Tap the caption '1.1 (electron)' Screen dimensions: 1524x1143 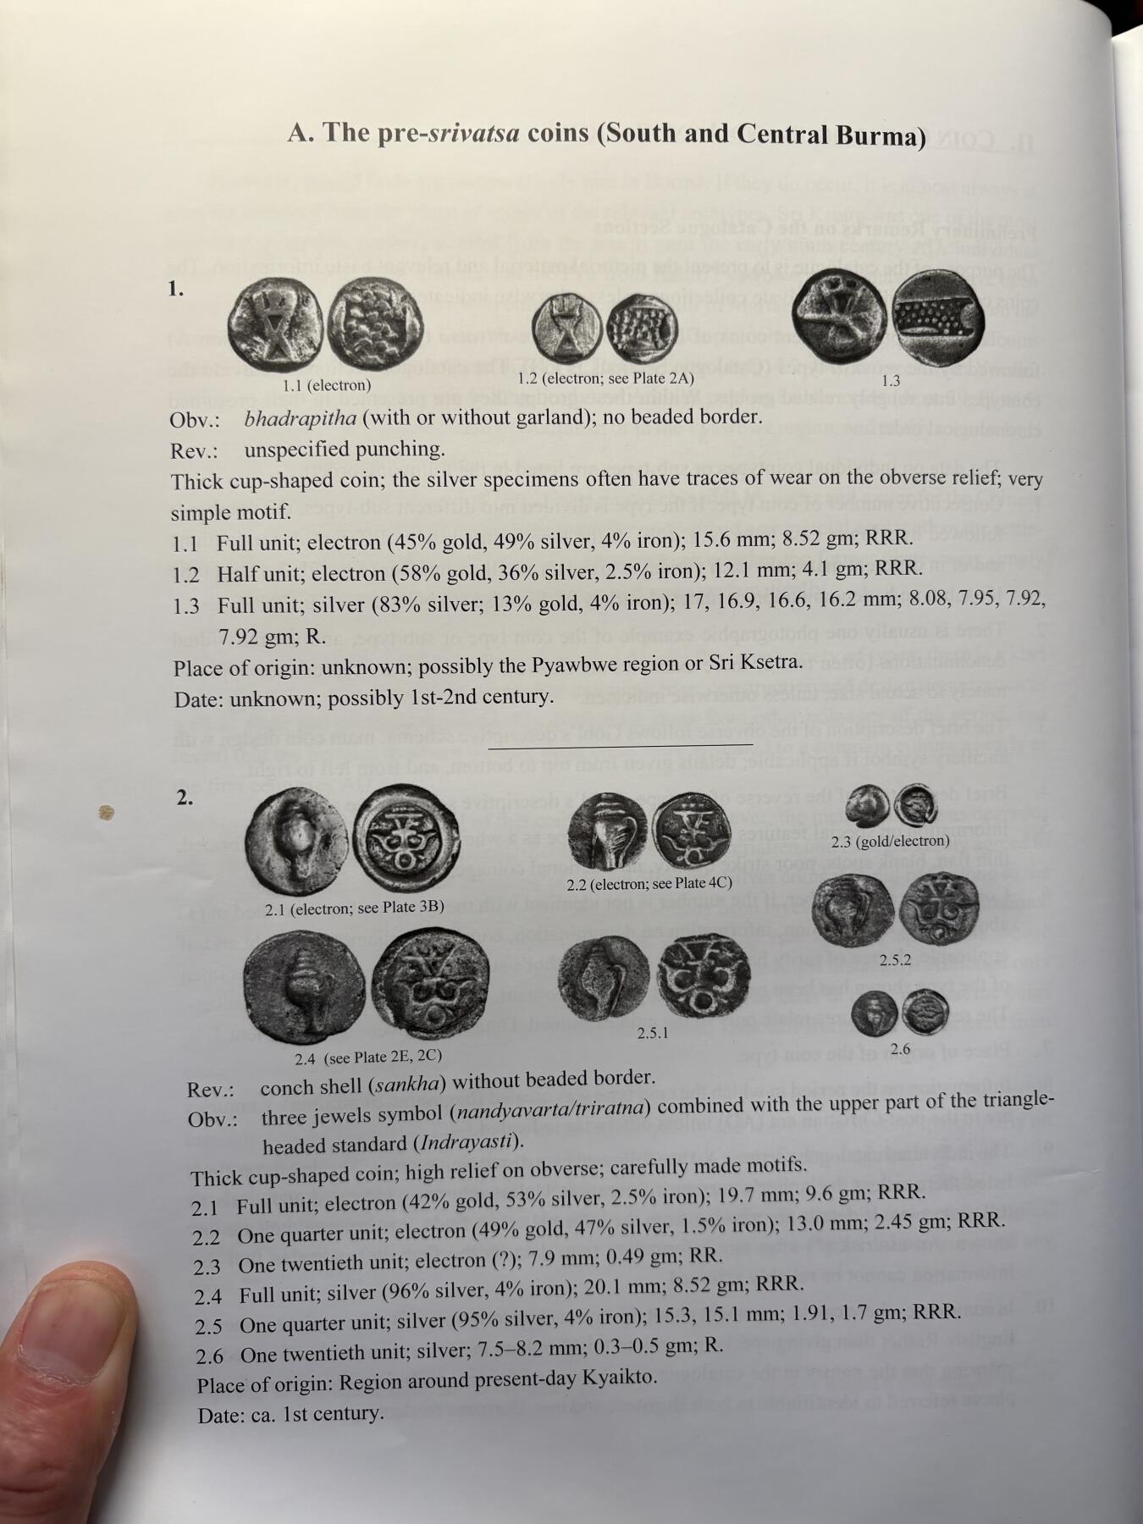coord(327,385)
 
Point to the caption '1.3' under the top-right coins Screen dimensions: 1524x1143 coord(890,381)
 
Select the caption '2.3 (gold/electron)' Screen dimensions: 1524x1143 coord(890,841)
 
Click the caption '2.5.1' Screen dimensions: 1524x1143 coord(653,1032)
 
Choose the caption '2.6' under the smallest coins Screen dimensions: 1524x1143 coord(899,1049)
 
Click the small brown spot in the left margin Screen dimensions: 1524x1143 coord(106,814)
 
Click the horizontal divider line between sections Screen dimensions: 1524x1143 coord(621,745)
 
